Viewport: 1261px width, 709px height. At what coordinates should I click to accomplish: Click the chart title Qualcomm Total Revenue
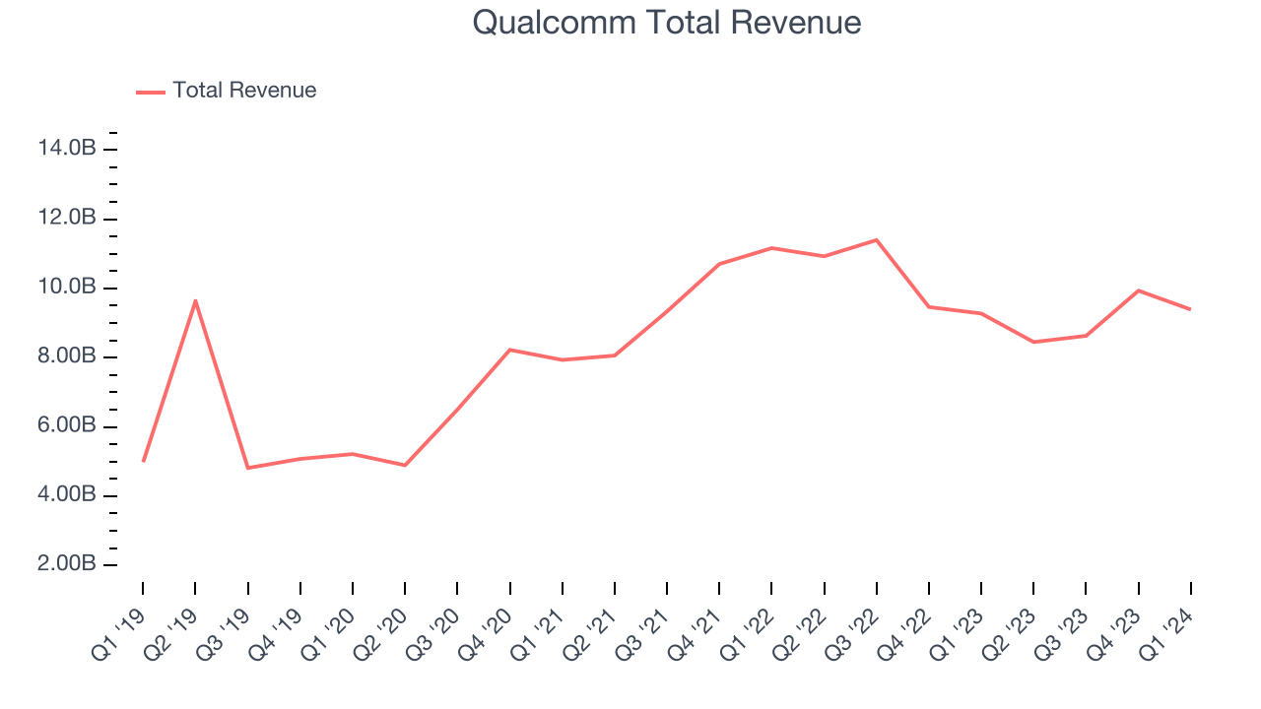(667, 23)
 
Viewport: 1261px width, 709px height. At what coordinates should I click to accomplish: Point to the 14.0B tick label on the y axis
(67, 149)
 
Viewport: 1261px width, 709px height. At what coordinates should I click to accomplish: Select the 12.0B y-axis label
(67, 218)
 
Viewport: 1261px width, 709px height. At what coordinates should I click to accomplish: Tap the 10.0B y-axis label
(67, 288)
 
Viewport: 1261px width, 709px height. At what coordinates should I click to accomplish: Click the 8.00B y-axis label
(67, 356)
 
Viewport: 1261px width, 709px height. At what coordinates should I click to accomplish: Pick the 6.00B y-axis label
(67, 426)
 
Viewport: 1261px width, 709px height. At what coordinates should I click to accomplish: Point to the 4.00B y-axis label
(67, 495)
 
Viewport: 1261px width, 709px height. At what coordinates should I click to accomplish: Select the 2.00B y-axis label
(67, 564)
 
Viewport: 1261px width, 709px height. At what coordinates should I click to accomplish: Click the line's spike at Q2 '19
(195, 300)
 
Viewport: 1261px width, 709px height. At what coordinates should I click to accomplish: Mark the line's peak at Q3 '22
(876, 239)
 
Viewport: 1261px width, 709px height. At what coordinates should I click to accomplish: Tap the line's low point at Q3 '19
(247, 468)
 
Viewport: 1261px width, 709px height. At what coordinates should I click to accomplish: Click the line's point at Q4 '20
(509, 350)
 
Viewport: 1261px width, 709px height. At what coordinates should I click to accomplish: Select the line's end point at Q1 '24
(1190, 309)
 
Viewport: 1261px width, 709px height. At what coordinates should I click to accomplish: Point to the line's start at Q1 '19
(143, 461)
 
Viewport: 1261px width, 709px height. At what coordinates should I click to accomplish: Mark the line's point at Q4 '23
(1138, 290)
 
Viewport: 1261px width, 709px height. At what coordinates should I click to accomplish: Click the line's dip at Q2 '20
(405, 465)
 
